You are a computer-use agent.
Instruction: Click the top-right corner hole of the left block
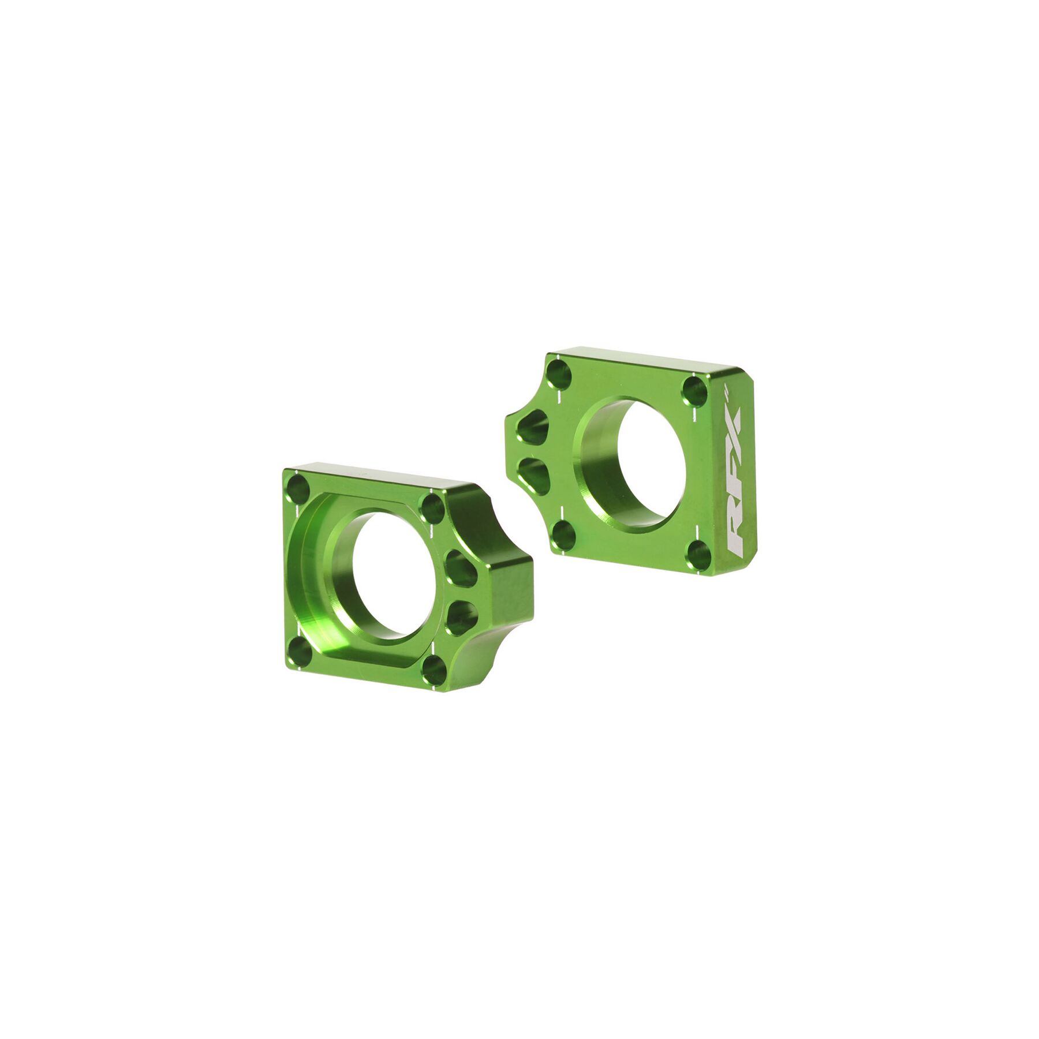coord(432,508)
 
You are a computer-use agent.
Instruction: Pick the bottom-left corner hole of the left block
coord(299,653)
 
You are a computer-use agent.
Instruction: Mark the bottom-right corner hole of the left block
coord(433,670)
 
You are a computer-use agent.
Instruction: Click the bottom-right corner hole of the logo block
coord(698,555)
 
